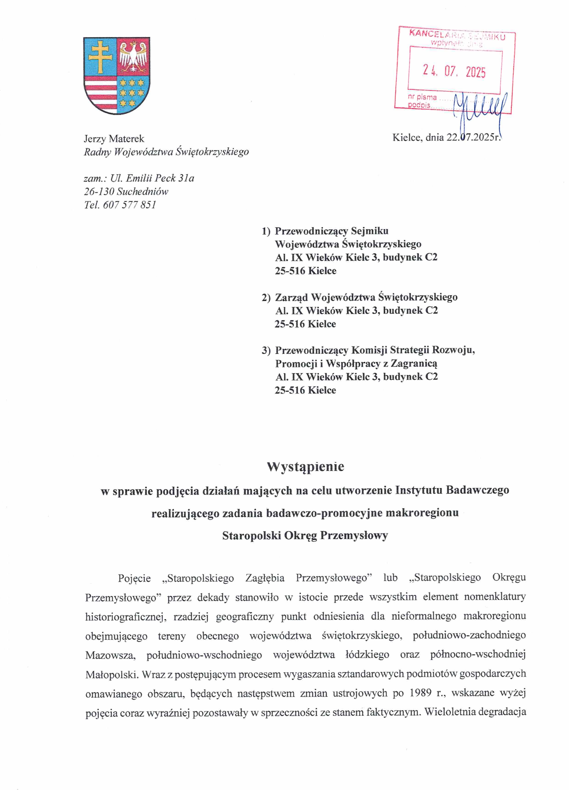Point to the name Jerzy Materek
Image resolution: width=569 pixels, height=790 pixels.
click(x=114, y=139)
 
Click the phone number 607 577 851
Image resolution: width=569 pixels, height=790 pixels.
click(x=130, y=205)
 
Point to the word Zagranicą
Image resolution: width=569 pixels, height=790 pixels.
click(x=414, y=364)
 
